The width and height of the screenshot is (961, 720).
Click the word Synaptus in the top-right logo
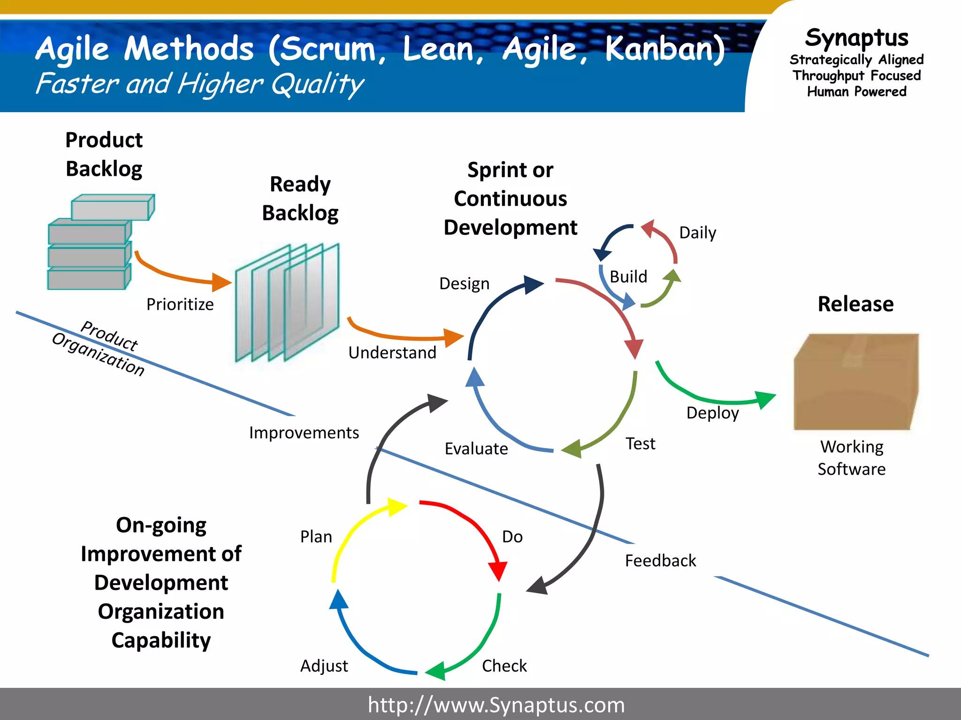pos(856,37)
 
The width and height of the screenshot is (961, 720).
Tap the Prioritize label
pos(180,304)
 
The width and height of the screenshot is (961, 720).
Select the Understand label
pos(392,352)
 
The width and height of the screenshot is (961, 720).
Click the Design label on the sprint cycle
pos(464,284)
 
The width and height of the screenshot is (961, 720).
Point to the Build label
pos(628,277)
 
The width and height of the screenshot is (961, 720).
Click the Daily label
pos(697,232)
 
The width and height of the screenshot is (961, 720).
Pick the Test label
pos(640,443)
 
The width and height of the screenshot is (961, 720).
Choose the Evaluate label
pos(476,449)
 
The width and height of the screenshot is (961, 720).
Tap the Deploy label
pos(712,413)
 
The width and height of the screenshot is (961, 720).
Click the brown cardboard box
pos(855,382)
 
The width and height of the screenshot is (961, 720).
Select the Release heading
pos(855,304)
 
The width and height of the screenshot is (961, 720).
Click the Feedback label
pos(660,561)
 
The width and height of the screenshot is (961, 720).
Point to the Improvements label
pos(304,433)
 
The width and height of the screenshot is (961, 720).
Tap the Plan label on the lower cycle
pos(316,537)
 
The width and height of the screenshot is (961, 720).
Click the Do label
pos(512,537)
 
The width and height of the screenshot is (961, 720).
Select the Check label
pos(504,666)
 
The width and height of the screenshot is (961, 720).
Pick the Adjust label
pos(324,666)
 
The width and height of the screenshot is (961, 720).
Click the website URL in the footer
pos(496,705)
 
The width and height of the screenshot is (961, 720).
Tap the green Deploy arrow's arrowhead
pos(765,399)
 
